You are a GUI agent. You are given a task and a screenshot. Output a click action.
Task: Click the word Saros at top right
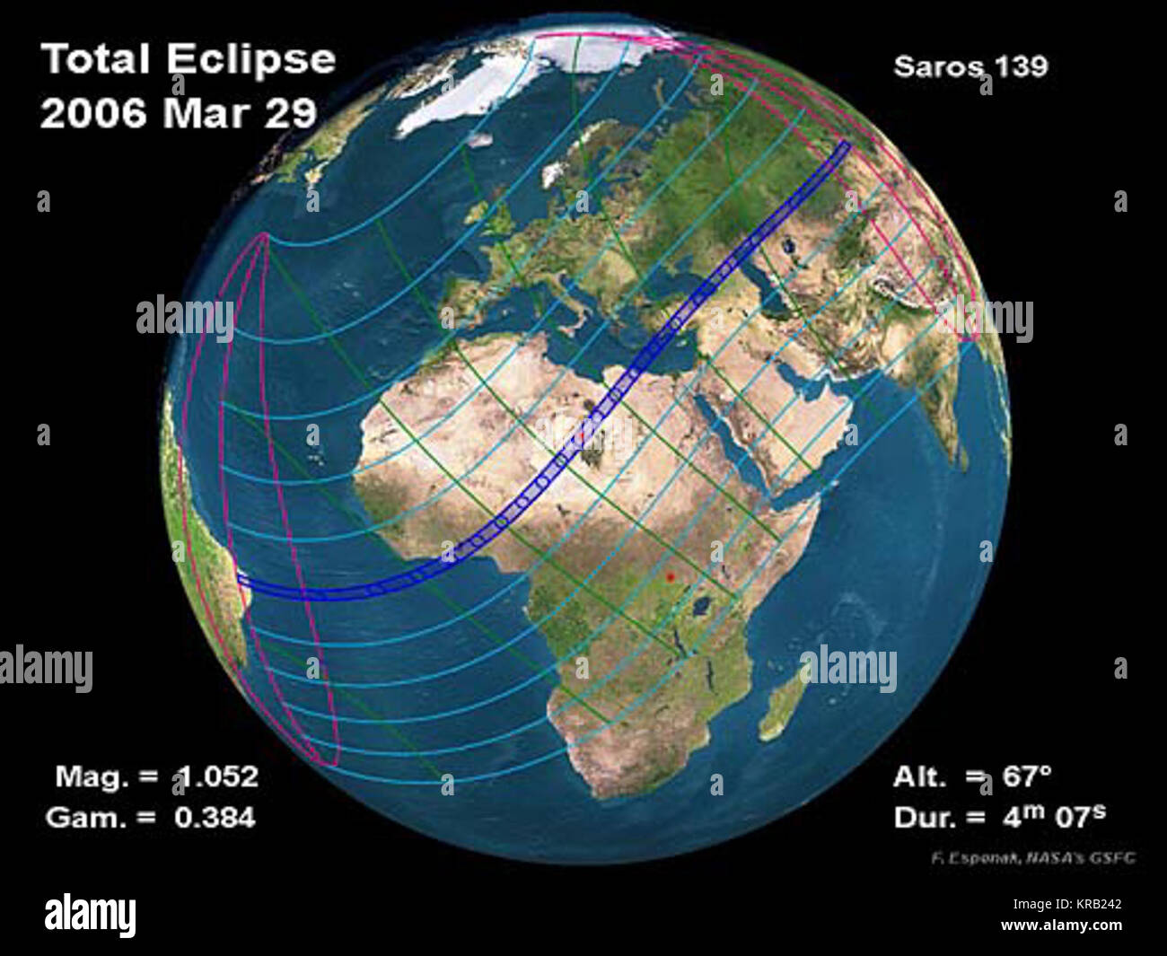pyautogui.click(x=934, y=67)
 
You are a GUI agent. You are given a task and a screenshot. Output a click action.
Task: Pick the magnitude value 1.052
pyautogui.click(x=216, y=776)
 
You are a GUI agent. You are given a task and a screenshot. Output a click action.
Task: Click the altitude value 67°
pyautogui.click(x=1027, y=776)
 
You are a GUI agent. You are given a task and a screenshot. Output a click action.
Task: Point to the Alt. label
pyautogui.click(x=921, y=776)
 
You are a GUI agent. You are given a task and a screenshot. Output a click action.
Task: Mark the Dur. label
pyautogui.click(x=926, y=817)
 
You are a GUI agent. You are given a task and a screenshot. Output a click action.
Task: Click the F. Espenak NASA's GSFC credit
pyautogui.click(x=1032, y=858)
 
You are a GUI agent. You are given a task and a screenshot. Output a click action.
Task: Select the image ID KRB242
pyautogui.click(x=1089, y=906)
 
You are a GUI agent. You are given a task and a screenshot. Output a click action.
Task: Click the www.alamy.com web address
pyautogui.click(x=1062, y=925)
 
